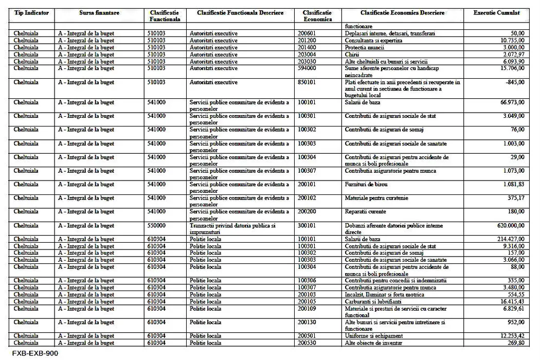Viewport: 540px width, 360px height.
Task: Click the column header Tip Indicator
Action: click(x=31, y=12)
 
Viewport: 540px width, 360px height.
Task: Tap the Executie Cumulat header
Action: click(x=496, y=12)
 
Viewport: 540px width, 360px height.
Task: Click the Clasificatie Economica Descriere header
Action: click(x=402, y=12)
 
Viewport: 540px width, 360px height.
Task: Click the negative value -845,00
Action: click(x=515, y=82)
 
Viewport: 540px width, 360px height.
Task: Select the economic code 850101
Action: click(x=308, y=82)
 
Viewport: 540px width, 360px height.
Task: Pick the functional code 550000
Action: click(x=156, y=225)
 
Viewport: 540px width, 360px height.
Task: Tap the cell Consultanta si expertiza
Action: click(x=374, y=41)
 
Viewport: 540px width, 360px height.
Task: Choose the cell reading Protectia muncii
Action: click(x=366, y=47)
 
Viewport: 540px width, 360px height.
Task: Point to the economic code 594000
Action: click(x=308, y=68)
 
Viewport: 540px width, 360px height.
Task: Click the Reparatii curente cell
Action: click(x=365, y=211)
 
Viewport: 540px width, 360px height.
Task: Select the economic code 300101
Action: click(x=308, y=225)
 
